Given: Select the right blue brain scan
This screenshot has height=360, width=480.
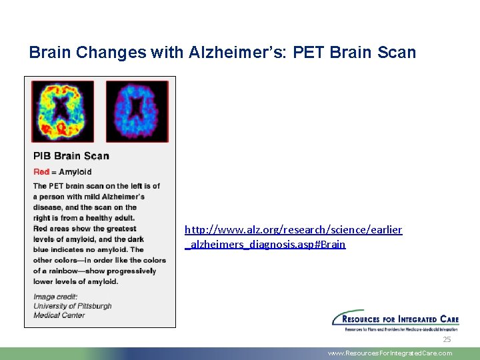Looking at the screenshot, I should point(136,110).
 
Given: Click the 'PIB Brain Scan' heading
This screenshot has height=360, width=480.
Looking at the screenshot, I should point(71,156).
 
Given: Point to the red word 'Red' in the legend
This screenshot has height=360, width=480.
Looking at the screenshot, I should point(41,172).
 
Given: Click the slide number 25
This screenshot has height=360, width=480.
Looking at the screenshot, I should point(447,339).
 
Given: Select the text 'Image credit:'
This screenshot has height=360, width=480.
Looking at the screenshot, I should point(55,297).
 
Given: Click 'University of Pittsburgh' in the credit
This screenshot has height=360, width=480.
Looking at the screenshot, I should point(73,306).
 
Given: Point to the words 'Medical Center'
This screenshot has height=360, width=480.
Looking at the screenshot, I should point(59,315).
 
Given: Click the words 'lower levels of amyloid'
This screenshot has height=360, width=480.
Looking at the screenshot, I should point(75,281).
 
